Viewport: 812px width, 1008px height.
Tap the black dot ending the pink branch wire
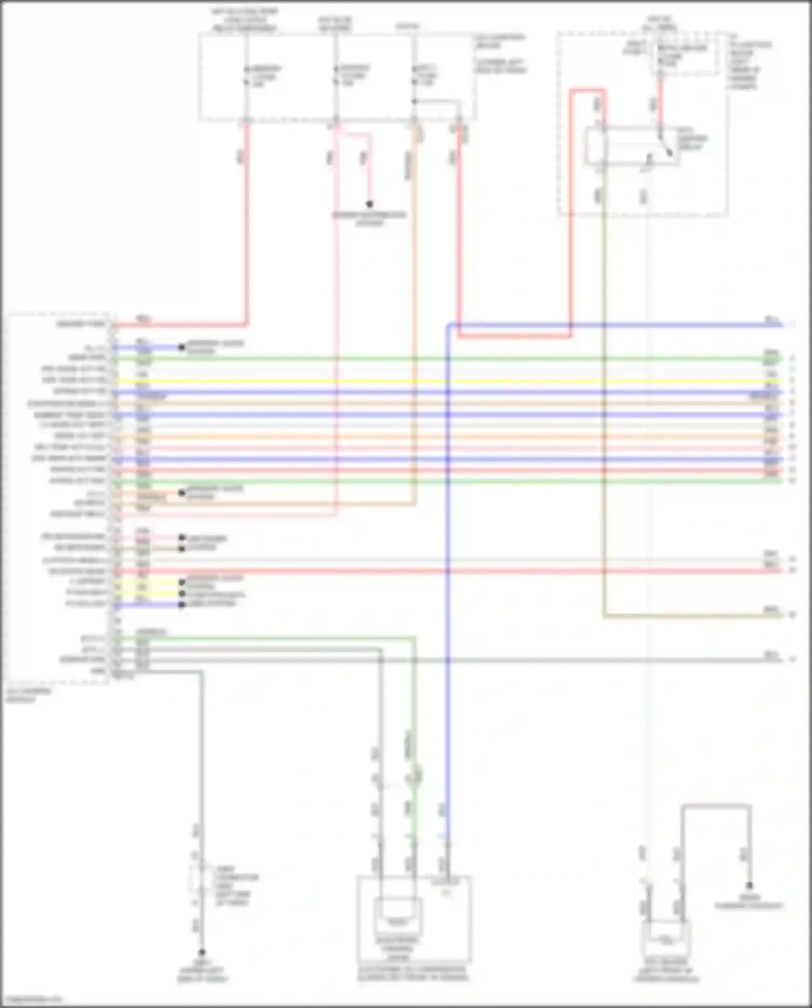point(370,204)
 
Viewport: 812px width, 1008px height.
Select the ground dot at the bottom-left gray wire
point(202,952)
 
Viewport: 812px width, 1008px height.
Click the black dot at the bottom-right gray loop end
point(749,886)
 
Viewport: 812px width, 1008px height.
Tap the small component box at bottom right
point(665,939)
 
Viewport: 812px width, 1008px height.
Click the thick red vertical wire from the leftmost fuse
point(247,227)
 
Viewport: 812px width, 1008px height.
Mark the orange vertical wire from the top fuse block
point(415,325)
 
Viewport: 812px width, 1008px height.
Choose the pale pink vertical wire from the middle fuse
point(336,325)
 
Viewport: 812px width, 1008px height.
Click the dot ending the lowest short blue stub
point(182,604)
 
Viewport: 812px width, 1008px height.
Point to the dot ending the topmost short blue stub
point(182,347)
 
